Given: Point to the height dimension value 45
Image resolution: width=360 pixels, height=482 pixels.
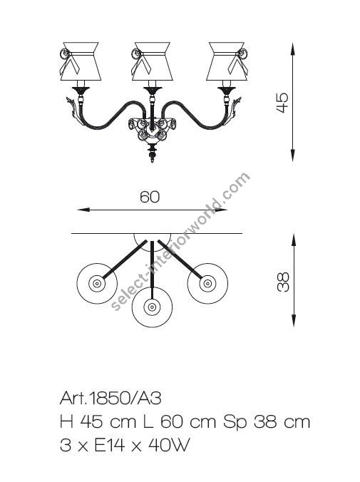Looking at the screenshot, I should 284,101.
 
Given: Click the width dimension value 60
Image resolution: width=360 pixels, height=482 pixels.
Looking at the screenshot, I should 150,198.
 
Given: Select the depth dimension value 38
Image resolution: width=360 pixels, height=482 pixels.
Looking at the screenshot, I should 284,282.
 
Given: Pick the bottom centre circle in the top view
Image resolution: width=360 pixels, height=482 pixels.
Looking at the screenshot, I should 151,308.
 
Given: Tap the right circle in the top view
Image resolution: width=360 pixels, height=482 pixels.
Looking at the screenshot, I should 207,284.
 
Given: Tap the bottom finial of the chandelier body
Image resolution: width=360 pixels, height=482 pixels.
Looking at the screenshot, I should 151,155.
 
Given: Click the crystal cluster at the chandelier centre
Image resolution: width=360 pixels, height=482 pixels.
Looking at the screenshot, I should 151,131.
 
